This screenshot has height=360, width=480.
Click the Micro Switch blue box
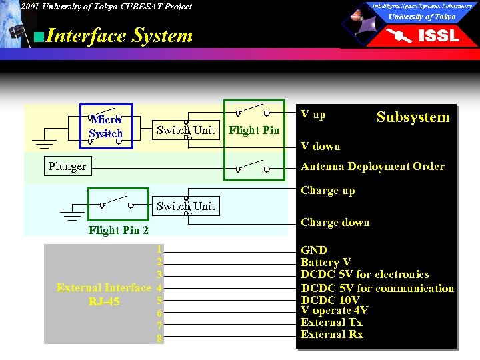click(x=106, y=126)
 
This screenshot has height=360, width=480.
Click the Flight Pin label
click(x=254, y=130)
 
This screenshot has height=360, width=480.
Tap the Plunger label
click(x=67, y=166)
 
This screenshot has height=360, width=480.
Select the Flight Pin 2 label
click(x=119, y=231)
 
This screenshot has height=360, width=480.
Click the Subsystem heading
click(x=413, y=117)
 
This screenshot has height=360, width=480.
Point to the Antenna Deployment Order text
click(x=372, y=167)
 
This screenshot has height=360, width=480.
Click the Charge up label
click(x=327, y=191)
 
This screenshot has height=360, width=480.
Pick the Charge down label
click(x=335, y=223)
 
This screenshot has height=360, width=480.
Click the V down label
click(x=320, y=147)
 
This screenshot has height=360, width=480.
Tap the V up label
click(x=313, y=115)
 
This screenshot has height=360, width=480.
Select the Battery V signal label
click(x=325, y=263)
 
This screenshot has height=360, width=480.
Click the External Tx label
click(x=331, y=323)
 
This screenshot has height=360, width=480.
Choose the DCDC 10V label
click(x=330, y=300)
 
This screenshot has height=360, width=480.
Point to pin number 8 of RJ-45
click(x=159, y=339)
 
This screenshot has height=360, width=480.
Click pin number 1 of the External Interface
click(x=159, y=249)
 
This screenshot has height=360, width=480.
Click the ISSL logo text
click(x=438, y=35)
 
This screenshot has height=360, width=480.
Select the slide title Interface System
click(x=119, y=35)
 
